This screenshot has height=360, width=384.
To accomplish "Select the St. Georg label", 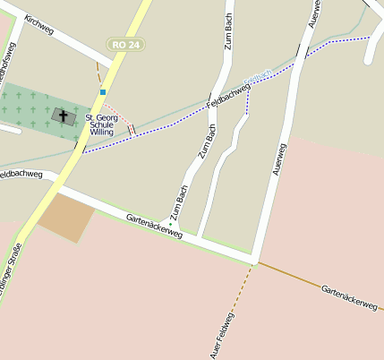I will (x=101, y=117).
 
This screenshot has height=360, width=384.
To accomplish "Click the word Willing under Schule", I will (x=101, y=133).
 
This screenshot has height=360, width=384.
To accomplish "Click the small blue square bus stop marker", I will (x=104, y=91).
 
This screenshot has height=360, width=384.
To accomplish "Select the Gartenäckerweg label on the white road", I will (x=154, y=225).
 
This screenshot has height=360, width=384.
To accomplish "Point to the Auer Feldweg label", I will (x=224, y=335).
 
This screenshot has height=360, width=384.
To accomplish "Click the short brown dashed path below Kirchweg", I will (x=98, y=72).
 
